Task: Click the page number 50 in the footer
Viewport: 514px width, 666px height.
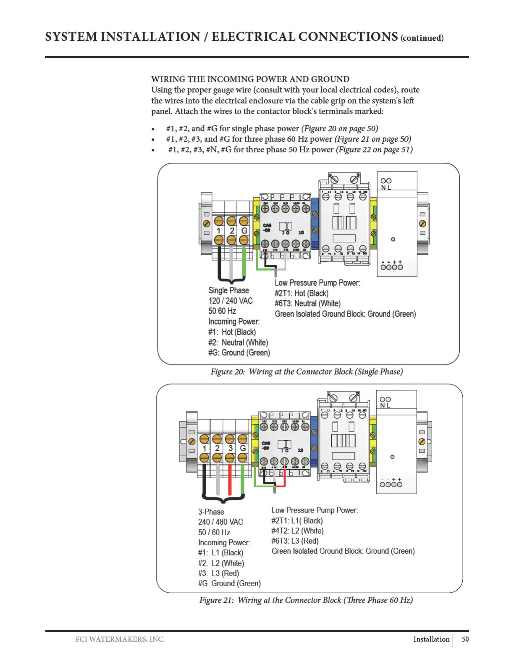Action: point(465,639)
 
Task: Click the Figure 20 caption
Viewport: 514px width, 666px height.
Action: point(307,372)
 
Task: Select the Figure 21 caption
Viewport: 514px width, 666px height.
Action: point(306,600)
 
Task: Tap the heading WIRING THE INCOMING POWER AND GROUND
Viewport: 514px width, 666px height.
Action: point(250,79)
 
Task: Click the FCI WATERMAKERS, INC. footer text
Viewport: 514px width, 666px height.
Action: point(120,639)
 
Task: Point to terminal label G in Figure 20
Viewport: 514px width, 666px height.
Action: point(244,231)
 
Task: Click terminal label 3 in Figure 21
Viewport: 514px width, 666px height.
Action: point(230,448)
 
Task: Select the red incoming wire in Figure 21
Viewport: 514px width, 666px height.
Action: point(230,479)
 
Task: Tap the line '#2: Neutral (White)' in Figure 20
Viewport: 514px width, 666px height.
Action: point(238,343)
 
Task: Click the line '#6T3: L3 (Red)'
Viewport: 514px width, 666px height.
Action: point(295,541)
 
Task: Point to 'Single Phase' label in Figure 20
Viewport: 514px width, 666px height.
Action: point(228,291)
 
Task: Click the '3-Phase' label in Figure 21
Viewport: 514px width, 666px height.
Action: point(211,512)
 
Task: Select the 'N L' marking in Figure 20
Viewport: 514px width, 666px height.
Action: point(385,188)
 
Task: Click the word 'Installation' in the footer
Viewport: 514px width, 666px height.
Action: point(431,639)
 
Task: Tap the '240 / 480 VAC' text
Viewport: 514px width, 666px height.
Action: point(220,522)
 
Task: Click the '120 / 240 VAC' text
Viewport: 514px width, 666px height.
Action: point(231,301)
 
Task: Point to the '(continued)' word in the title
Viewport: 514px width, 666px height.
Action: point(422,38)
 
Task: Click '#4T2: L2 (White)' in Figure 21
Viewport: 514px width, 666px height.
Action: point(297,531)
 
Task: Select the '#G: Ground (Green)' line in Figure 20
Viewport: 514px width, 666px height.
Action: point(239,353)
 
